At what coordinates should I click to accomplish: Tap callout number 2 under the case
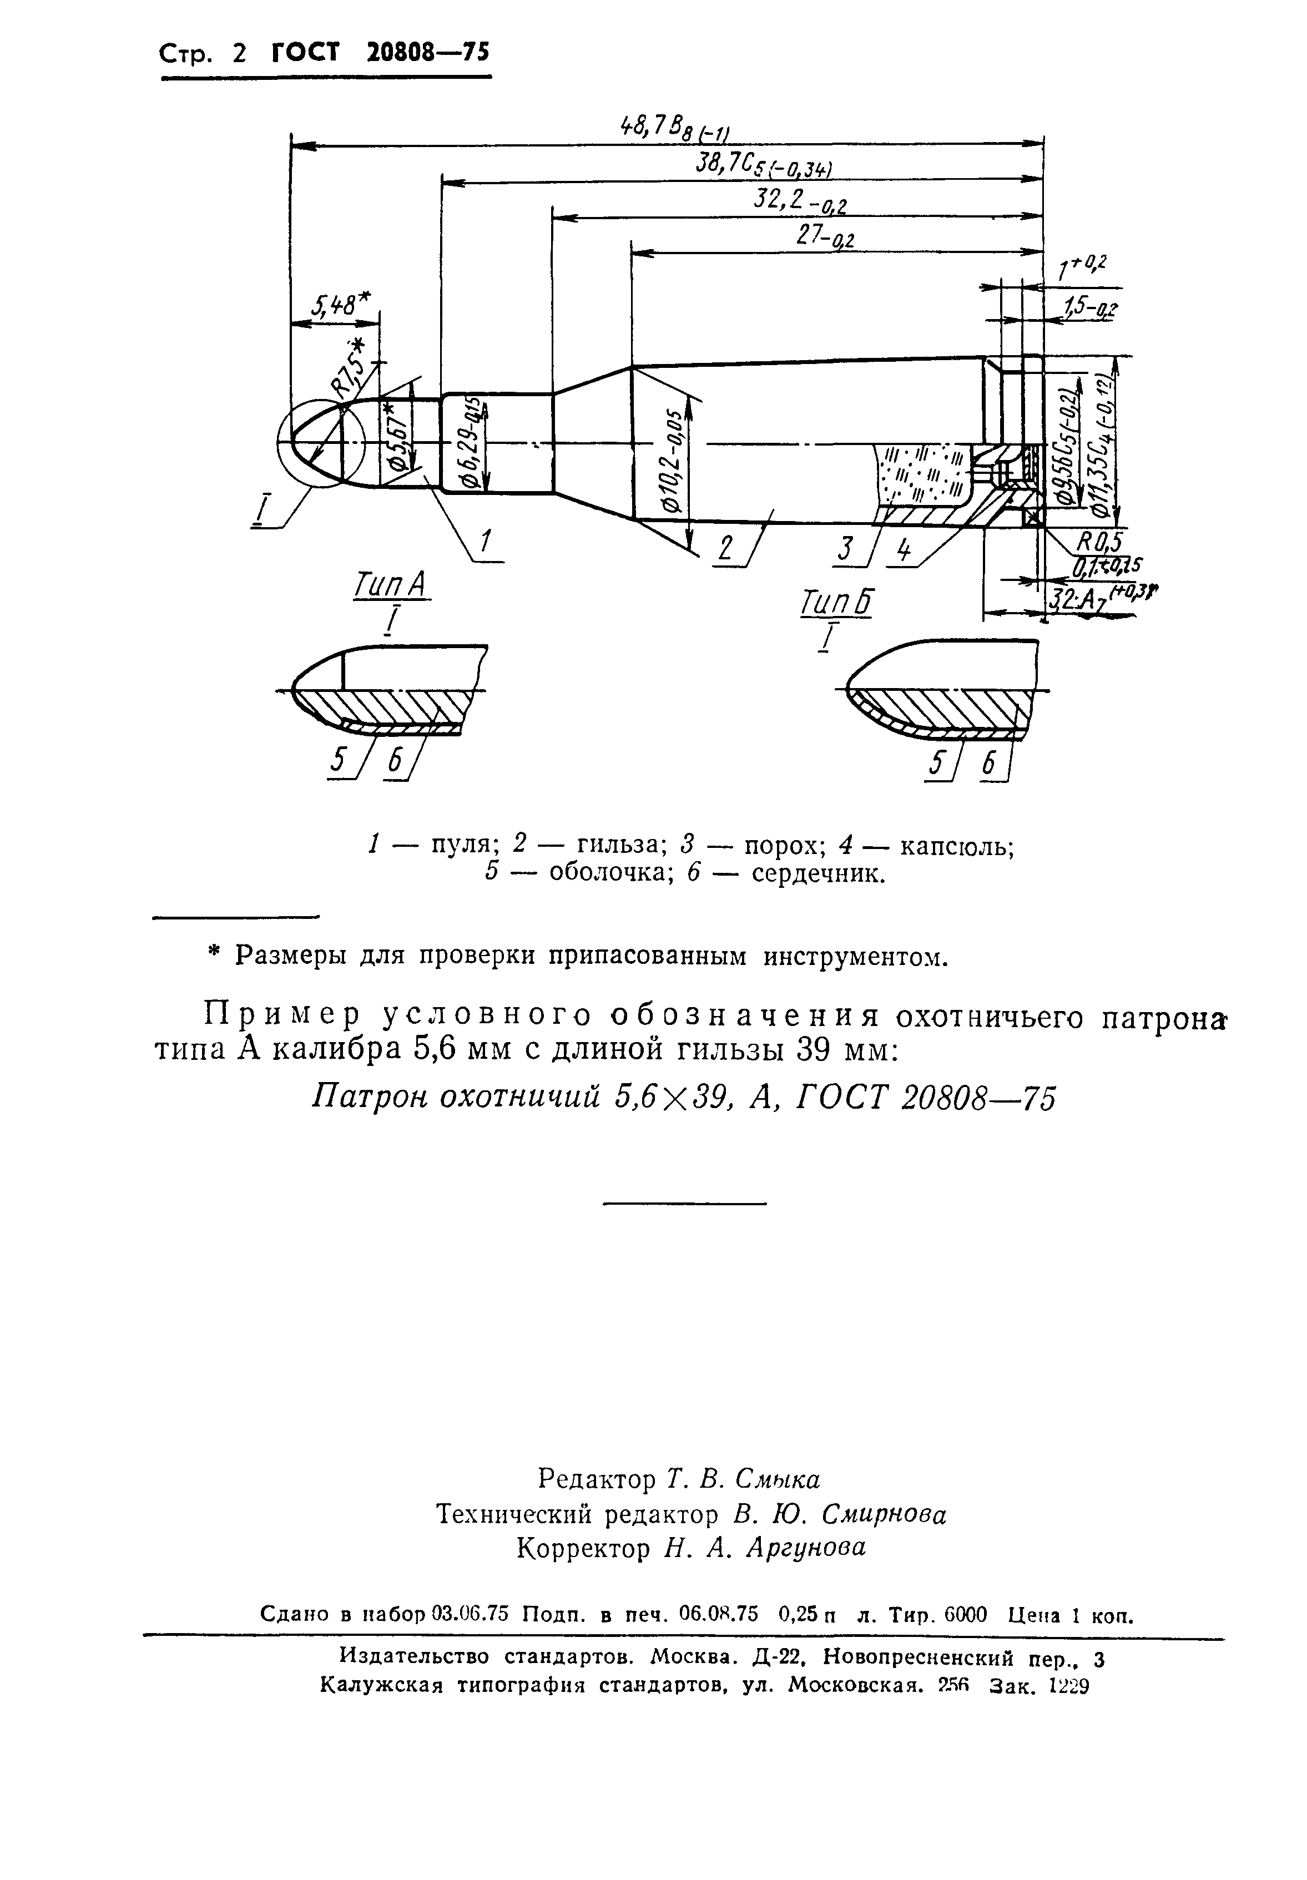(x=725, y=546)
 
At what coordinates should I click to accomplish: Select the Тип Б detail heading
(x=835, y=604)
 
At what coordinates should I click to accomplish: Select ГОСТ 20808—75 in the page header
(x=379, y=53)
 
